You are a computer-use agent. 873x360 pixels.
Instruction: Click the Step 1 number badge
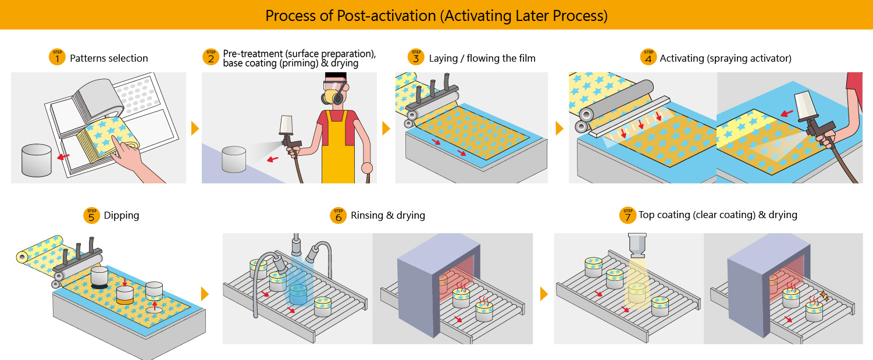coord(57,57)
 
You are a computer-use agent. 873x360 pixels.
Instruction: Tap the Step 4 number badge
coord(648,57)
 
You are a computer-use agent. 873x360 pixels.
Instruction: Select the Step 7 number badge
coord(628,215)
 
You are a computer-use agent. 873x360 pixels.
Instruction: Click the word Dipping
coord(121,215)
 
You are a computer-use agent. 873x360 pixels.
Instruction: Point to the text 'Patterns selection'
coord(109,58)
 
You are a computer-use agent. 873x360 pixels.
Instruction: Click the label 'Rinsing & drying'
coord(388,215)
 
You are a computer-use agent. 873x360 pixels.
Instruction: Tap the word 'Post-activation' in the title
coord(386,16)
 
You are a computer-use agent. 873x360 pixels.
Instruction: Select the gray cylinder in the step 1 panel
coord(36,160)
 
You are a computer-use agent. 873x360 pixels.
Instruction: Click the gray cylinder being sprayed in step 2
coord(234,159)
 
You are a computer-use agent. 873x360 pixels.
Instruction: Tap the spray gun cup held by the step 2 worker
coord(286,124)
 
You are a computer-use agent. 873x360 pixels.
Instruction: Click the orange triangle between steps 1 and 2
coord(195,128)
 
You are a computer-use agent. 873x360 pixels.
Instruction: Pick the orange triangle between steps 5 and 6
coord(205,294)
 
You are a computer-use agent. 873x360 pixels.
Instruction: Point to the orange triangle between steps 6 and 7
coord(544,294)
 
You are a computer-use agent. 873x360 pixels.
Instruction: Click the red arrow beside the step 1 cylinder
coord(63,156)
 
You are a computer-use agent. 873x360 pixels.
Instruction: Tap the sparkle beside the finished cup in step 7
coord(824,295)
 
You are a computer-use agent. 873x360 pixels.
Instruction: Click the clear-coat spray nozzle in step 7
coord(637,245)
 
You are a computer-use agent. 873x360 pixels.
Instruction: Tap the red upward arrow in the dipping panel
coord(155,305)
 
